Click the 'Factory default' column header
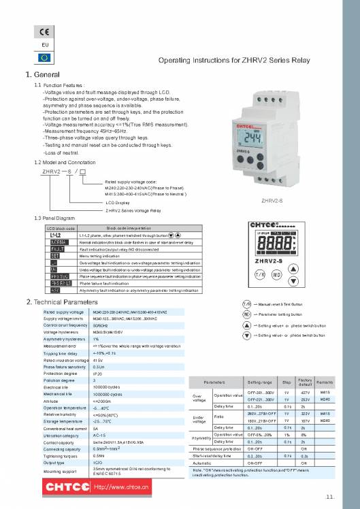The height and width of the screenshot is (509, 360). [x=304, y=384]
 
